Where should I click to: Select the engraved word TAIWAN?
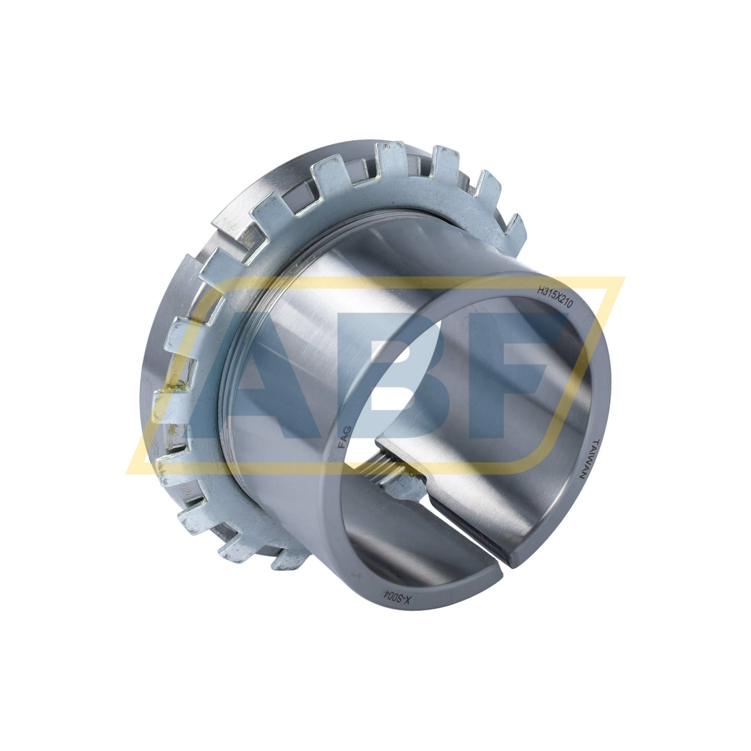coord(588,460)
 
